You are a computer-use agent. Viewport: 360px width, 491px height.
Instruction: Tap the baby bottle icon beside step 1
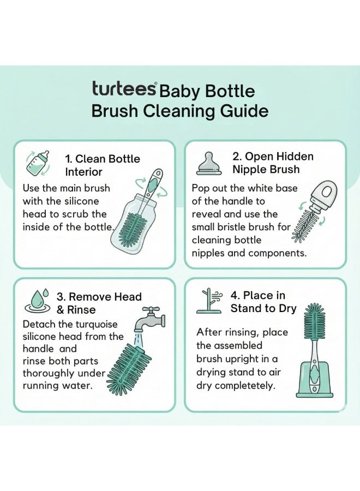click(x=38, y=163)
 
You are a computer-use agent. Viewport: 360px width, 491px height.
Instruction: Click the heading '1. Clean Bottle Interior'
click(x=102, y=165)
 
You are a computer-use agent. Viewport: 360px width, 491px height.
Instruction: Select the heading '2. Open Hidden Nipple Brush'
click(x=273, y=163)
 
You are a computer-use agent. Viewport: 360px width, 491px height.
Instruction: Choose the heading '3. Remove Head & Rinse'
click(x=99, y=303)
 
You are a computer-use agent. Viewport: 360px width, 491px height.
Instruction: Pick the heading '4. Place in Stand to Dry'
click(x=263, y=302)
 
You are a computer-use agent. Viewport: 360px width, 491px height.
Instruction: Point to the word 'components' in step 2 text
click(x=277, y=253)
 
